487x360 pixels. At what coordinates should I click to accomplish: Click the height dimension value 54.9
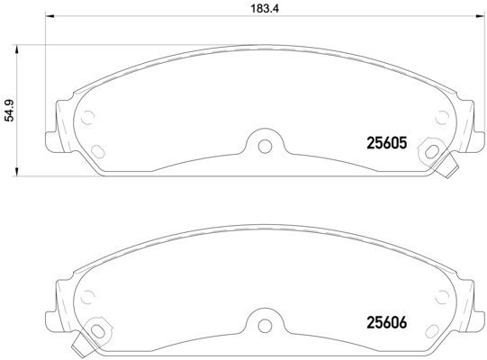[9, 110]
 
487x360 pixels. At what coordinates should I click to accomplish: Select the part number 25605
[387, 141]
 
